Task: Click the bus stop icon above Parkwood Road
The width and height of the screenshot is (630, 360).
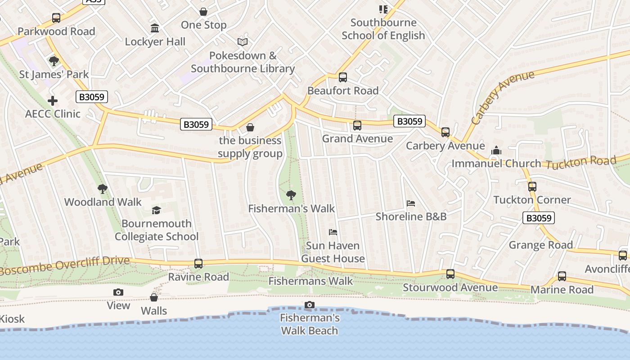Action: (56, 18)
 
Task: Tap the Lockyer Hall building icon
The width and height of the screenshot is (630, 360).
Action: (155, 28)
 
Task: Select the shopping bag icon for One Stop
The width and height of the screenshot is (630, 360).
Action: (203, 12)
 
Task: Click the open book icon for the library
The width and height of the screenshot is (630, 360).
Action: (243, 42)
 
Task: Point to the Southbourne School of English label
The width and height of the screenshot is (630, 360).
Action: (383, 29)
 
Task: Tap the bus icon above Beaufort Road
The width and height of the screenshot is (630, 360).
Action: (343, 77)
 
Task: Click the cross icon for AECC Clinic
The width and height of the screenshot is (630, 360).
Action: (53, 101)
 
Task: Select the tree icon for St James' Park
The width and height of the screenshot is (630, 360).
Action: (54, 61)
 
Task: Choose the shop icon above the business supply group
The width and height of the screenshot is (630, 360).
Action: (250, 127)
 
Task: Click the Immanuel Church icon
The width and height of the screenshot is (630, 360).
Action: (496, 150)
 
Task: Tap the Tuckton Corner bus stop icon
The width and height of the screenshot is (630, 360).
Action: (532, 187)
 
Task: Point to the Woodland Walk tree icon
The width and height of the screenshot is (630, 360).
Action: (103, 189)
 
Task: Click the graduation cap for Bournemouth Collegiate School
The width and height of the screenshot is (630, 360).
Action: (156, 211)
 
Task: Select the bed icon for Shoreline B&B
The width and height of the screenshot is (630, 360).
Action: (411, 203)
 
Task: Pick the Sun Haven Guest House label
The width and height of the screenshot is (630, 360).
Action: (333, 252)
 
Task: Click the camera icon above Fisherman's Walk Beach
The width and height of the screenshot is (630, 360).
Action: (309, 305)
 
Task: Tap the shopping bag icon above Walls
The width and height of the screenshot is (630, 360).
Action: (154, 298)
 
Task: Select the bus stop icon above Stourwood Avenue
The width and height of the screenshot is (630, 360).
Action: (450, 274)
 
